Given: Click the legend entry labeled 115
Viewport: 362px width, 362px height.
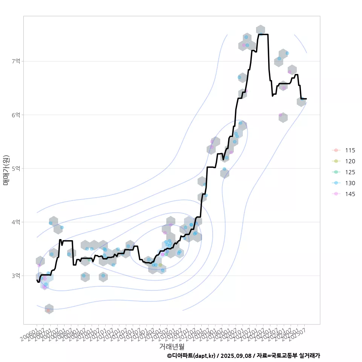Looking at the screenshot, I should (350, 150).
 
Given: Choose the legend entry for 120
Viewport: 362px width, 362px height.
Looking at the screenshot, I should (350, 161).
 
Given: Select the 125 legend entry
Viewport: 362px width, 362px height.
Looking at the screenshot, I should (350, 172).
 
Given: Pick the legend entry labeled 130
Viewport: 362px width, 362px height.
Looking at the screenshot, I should (350, 183).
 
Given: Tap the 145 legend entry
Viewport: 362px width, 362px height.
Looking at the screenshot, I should (350, 194).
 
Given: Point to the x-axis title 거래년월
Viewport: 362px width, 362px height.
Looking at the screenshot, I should (172, 346).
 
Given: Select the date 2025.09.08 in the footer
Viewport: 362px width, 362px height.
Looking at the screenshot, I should (236, 356).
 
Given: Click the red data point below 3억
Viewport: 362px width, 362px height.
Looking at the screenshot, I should (48, 310).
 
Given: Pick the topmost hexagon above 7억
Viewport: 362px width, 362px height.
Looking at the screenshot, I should (260, 30).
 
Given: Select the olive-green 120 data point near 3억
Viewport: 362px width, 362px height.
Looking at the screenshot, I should (160, 265).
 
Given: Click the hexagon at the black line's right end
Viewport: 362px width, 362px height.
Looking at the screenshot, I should (301, 101).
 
